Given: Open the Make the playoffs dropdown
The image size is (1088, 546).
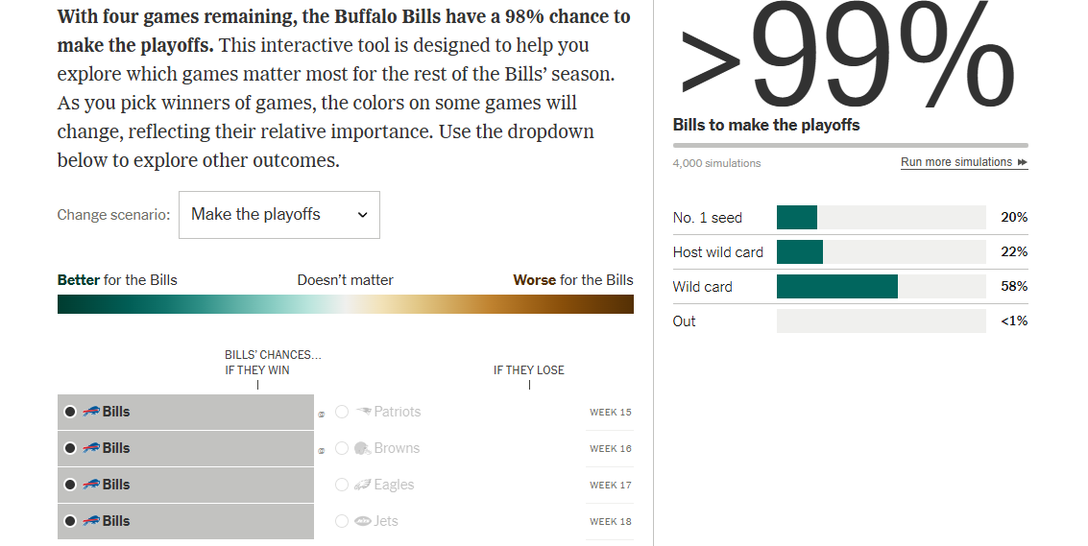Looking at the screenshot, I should (x=279, y=215).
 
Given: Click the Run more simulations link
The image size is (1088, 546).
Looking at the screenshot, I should (x=963, y=162).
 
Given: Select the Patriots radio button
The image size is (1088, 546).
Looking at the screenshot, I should (x=342, y=412).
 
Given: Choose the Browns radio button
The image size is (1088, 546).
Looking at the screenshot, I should (x=342, y=448).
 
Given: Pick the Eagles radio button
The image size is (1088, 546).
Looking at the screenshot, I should (x=342, y=485).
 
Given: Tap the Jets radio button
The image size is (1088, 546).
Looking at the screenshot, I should (x=342, y=521).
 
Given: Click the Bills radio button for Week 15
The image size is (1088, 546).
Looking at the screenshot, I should (x=70, y=412).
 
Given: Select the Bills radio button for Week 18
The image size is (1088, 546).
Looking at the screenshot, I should (x=70, y=521).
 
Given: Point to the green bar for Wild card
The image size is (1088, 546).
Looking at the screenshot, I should (x=836, y=287).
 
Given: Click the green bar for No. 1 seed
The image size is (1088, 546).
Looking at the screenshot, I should (x=796, y=218).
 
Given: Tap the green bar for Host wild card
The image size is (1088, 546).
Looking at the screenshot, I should (x=799, y=252).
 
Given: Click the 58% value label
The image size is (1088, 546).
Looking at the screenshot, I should (x=1014, y=287).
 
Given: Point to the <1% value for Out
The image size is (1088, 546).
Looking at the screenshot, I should (x=1013, y=321).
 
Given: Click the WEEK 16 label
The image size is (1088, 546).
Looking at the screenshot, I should (x=610, y=449).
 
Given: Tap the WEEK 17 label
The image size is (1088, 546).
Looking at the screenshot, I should (x=610, y=486).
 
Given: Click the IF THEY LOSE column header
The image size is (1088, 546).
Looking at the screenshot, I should (x=529, y=370).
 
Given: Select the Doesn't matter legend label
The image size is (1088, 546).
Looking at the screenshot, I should (x=345, y=280).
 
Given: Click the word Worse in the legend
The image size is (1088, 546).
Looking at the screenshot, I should (x=534, y=280).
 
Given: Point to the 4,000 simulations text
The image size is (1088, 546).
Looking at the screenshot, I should (x=716, y=163).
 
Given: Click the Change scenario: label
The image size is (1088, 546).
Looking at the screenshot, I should (x=113, y=215).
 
